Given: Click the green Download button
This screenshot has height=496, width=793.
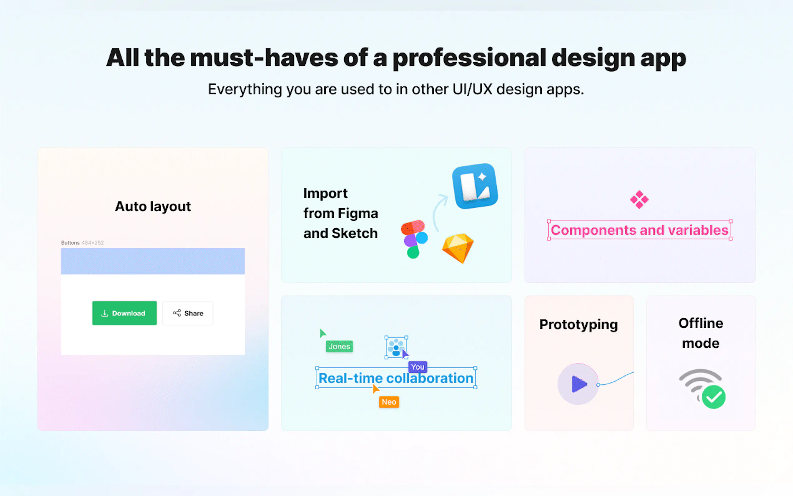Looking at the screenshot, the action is pos(124,313).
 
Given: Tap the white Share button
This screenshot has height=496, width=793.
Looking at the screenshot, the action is pos(188,313).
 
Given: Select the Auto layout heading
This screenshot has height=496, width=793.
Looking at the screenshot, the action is pos(153,207).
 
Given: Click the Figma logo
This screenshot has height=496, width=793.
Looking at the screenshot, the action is pos(414,239).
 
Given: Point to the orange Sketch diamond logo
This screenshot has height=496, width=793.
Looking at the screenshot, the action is pos(458,248).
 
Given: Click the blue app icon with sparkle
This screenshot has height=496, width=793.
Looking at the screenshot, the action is pos(475,186).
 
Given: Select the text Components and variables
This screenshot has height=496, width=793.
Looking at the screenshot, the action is pos(640,230).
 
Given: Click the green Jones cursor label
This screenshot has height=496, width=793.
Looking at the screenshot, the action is pos(339,346).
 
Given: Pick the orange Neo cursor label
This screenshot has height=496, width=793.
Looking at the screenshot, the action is pos(389,402).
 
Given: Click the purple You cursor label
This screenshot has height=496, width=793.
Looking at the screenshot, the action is pos(418,367).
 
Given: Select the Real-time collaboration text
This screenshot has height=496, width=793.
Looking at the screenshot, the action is pos(396,378).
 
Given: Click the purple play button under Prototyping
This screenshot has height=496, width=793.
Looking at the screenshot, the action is pos(578,384).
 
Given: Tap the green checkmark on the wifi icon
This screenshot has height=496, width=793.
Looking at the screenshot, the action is pos(714,397).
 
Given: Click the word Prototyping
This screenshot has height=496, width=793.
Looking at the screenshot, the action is pos(579,325).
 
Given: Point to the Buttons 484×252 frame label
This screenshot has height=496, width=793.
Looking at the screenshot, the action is pos(82,243).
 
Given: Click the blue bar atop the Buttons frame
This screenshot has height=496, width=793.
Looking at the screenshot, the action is pos(153,261).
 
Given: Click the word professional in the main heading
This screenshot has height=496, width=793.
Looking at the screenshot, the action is pos(470,58).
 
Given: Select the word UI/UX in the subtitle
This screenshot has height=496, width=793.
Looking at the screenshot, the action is pos(472,89).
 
